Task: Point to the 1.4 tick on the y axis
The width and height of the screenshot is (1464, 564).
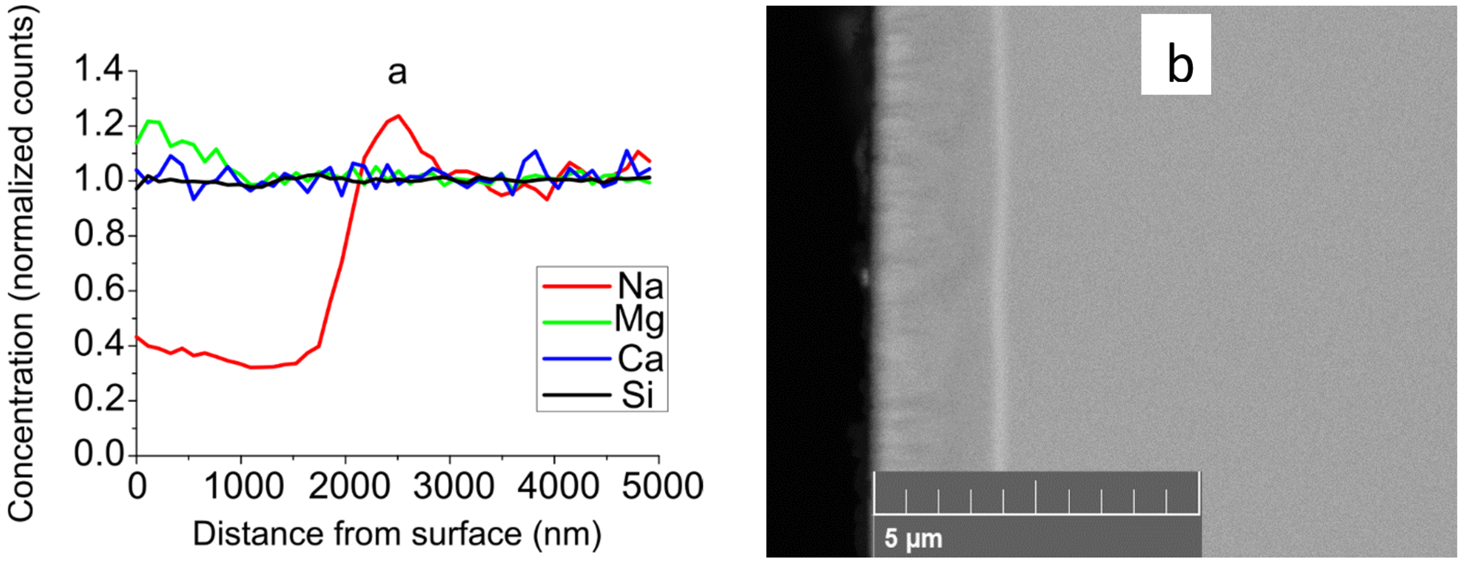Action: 98,71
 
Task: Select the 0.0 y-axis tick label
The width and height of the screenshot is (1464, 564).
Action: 98,454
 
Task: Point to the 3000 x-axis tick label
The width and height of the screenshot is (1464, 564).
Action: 453,487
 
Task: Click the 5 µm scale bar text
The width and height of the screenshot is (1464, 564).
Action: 913,538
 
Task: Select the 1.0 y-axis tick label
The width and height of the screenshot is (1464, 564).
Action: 98,181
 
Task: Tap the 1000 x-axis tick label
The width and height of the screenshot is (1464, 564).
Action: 243,487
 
